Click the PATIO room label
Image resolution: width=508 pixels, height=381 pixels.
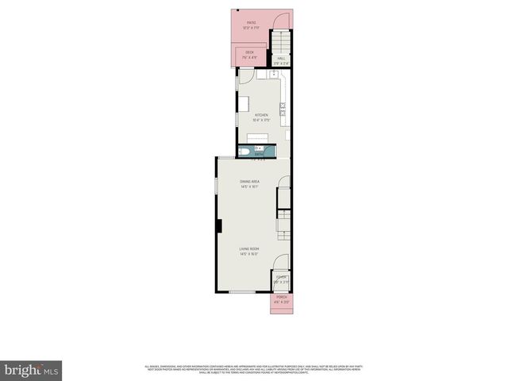(251, 23)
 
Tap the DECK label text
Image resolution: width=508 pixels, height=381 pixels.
(249, 52)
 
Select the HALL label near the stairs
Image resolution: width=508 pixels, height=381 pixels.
(281, 58)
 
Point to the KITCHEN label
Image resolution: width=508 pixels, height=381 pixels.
(261, 115)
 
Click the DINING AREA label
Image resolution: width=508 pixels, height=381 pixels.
(250, 182)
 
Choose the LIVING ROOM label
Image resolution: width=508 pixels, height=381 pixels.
(250, 249)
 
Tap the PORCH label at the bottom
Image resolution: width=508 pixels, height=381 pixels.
(281, 296)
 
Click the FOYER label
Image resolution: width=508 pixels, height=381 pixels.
(281, 277)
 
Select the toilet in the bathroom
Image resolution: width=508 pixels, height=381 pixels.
(245, 152)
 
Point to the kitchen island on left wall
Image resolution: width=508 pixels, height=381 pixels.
(243, 104)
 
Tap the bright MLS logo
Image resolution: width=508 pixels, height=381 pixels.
(32, 370)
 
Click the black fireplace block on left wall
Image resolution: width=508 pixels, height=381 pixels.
(217, 226)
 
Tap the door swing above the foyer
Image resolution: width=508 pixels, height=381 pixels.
(282, 264)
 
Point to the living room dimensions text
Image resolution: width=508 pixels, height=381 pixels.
(250, 255)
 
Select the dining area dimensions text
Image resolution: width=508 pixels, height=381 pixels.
(250, 187)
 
